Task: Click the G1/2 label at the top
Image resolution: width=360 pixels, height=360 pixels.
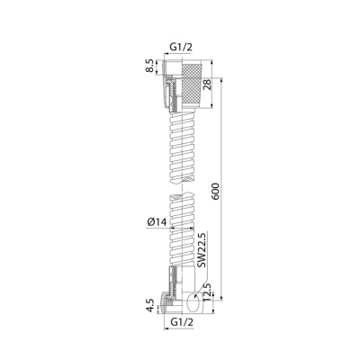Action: [181, 47]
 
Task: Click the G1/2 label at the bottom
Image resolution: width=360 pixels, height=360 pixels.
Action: [182, 322]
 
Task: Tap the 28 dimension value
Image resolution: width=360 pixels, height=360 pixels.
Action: [208, 85]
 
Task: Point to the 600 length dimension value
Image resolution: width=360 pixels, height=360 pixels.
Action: [216, 192]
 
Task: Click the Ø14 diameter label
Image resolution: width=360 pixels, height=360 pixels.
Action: [157, 222]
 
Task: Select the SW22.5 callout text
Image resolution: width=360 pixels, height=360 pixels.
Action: [202, 250]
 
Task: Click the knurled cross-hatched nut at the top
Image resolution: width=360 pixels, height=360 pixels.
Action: [193, 85]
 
